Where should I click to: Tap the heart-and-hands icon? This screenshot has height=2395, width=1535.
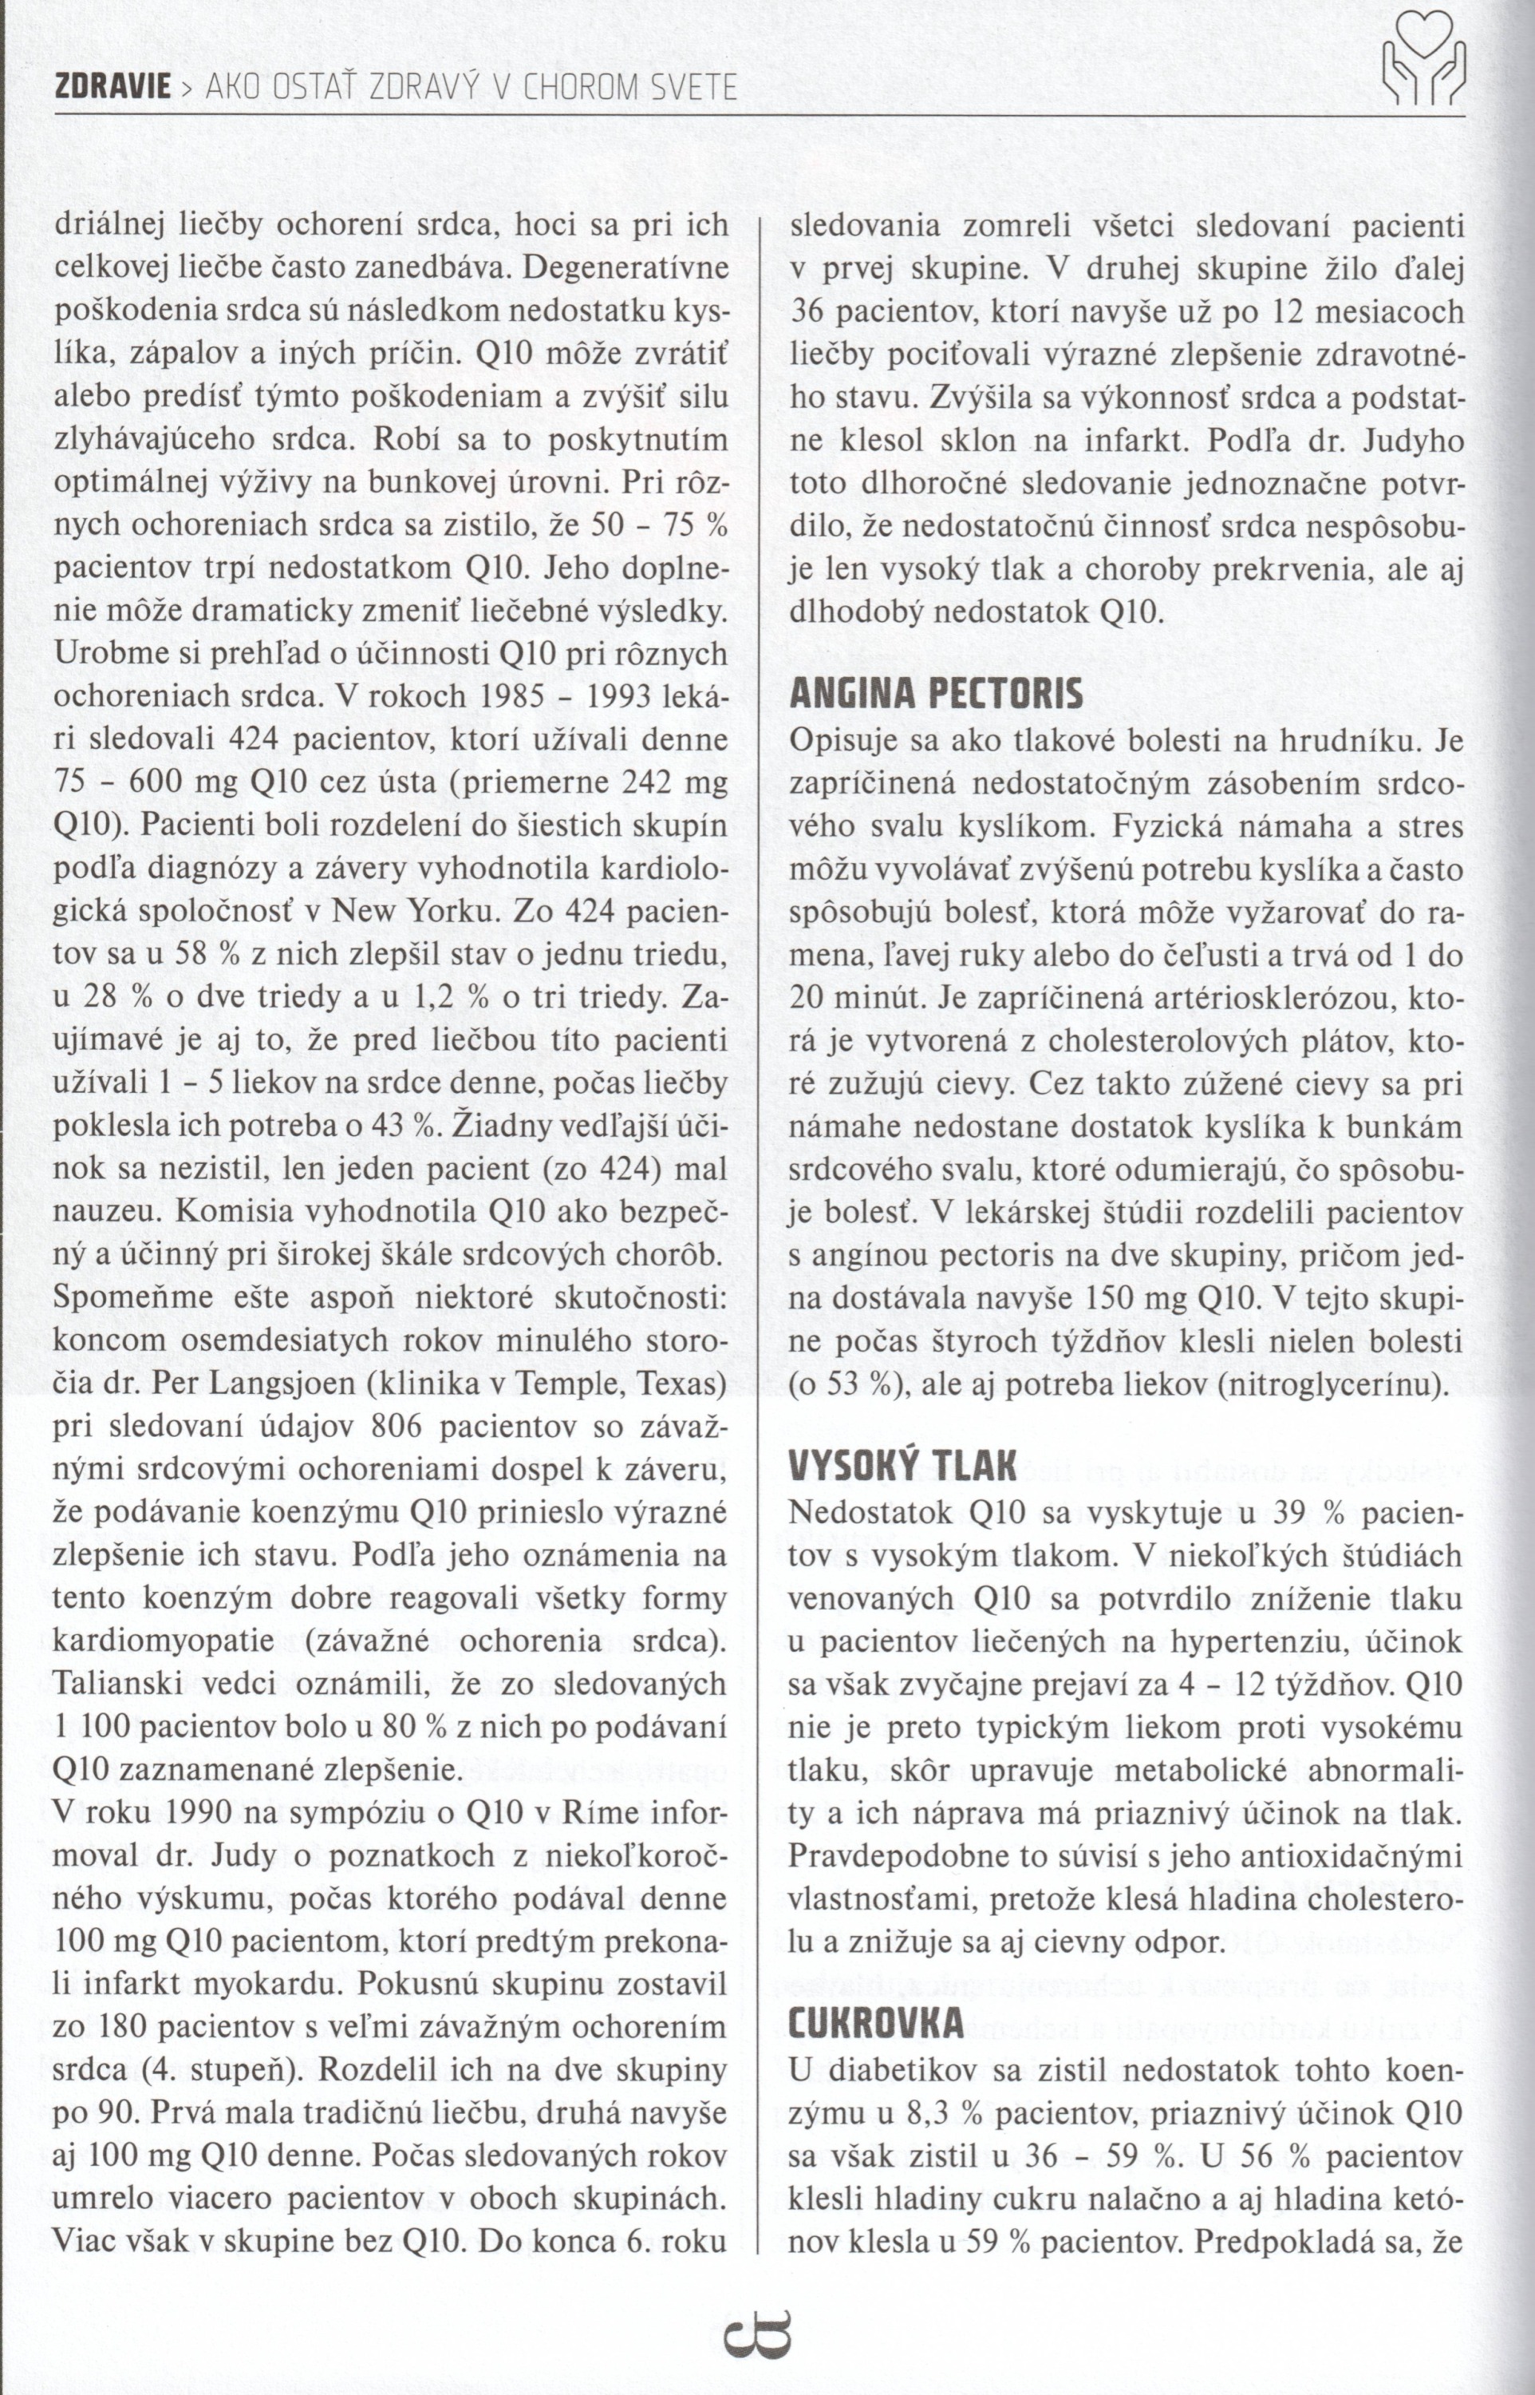click(x=1423, y=60)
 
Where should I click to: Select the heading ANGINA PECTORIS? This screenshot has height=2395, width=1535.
click(x=935, y=694)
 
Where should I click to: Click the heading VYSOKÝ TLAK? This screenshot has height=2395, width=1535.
click(x=902, y=1467)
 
